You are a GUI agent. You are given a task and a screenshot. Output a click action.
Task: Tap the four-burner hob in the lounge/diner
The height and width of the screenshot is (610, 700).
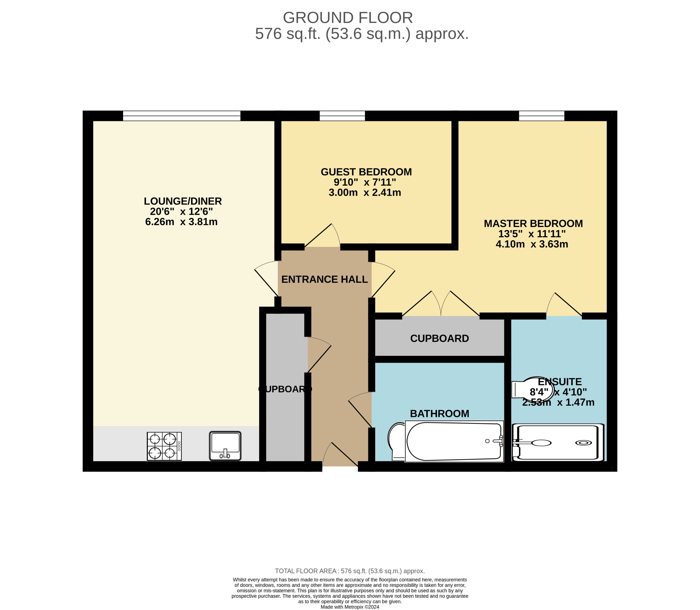(164, 446)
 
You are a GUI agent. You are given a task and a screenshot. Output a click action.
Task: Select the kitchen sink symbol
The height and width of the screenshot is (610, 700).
(225, 446)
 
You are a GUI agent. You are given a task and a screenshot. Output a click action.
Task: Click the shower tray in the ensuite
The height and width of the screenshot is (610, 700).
(558, 442)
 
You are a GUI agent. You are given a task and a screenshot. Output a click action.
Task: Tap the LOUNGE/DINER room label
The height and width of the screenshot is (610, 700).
(183, 201)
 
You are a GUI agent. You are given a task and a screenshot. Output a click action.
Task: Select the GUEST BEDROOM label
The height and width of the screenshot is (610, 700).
(366, 172)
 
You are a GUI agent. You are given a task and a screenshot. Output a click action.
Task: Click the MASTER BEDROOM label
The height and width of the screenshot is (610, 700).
(533, 224)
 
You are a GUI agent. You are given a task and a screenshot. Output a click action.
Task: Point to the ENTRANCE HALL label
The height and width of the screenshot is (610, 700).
(325, 280)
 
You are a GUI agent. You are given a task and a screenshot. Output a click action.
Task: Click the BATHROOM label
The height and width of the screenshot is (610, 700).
(439, 414)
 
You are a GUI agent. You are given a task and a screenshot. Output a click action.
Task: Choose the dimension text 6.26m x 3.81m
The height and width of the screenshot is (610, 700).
(181, 222)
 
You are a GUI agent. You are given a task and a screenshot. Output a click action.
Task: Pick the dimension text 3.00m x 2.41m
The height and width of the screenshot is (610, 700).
(365, 193)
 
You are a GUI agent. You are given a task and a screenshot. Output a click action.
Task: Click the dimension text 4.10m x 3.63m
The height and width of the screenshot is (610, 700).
(532, 244)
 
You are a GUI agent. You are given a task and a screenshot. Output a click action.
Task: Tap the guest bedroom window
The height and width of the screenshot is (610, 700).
(342, 116)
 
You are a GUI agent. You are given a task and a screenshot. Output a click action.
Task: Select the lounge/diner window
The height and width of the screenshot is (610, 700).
(181, 116)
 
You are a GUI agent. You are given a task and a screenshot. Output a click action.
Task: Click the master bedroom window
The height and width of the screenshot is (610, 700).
(541, 116)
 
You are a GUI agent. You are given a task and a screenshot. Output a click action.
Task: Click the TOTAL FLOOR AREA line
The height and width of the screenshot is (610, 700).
(350, 571)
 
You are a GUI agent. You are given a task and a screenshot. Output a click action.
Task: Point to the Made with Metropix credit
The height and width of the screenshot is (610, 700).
(350, 607)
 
